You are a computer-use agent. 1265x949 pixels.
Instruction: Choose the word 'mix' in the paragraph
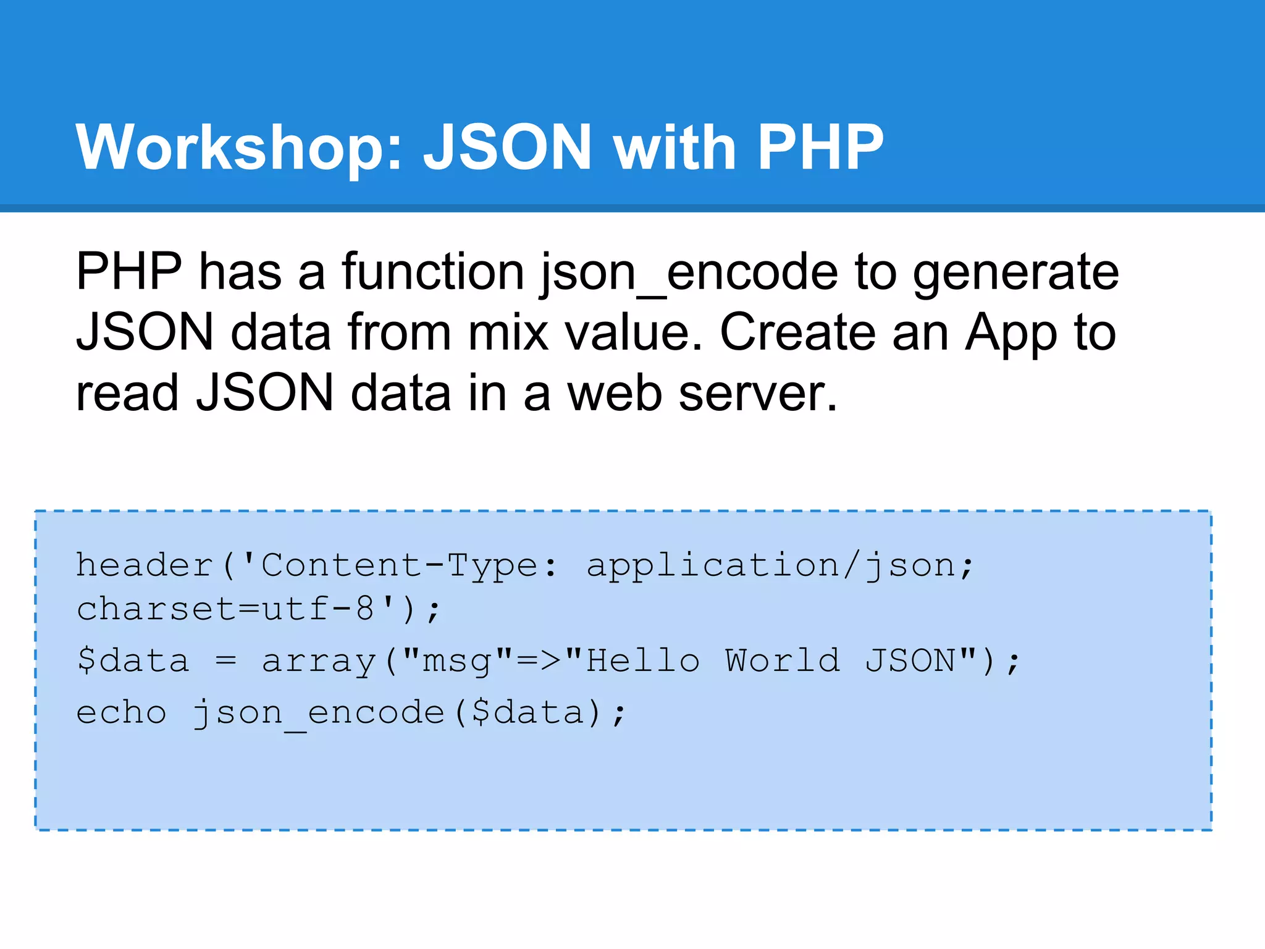[508, 332]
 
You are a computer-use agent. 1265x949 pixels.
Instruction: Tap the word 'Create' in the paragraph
[797, 332]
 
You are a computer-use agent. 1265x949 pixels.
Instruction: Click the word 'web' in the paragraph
[615, 393]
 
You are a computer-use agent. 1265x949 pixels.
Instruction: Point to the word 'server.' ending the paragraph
[758, 393]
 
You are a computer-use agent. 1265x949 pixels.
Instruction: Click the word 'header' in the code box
[145, 565]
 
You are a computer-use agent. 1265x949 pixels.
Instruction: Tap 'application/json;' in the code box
[780, 565]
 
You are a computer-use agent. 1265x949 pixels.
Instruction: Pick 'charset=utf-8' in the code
[225, 609]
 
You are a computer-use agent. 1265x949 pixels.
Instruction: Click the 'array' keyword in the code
[319, 661]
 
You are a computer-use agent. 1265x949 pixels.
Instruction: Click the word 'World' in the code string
[782, 661]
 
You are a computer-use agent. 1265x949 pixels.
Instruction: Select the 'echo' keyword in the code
[121, 713]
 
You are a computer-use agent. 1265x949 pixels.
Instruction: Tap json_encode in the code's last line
[319, 713]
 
